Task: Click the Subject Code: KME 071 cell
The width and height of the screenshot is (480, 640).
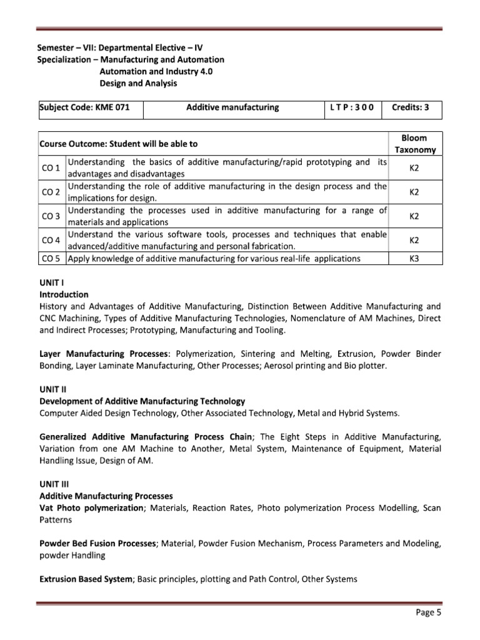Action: click(84, 107)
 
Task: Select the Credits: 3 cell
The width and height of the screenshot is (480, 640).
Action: click(410, 107)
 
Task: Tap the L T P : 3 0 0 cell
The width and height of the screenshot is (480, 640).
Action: click(351, 107)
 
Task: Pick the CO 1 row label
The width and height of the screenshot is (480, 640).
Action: click(51, 168)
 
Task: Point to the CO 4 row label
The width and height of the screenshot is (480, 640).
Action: click(51, 241)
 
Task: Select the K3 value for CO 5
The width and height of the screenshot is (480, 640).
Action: click(413, 258)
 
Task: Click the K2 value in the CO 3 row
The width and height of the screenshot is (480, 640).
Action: click(413, 216)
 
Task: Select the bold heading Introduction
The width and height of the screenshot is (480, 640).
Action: click(64, 294)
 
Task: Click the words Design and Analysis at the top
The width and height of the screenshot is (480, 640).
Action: click(138, 83)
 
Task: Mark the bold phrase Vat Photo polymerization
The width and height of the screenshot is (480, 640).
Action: click(91, 508)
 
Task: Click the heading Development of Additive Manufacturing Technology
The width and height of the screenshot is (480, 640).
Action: click(142, 401)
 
